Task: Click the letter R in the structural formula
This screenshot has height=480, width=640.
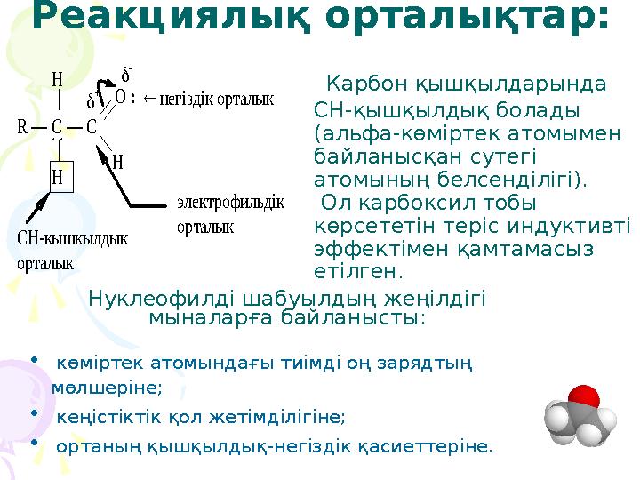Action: click(21, 127)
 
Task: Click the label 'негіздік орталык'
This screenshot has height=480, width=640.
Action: click(216, 97)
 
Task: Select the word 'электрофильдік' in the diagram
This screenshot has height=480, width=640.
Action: click(230, 202)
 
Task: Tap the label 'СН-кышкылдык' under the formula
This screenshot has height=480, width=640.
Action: click(73, 239)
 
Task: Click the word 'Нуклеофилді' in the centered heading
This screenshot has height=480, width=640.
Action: click(152, 299)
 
